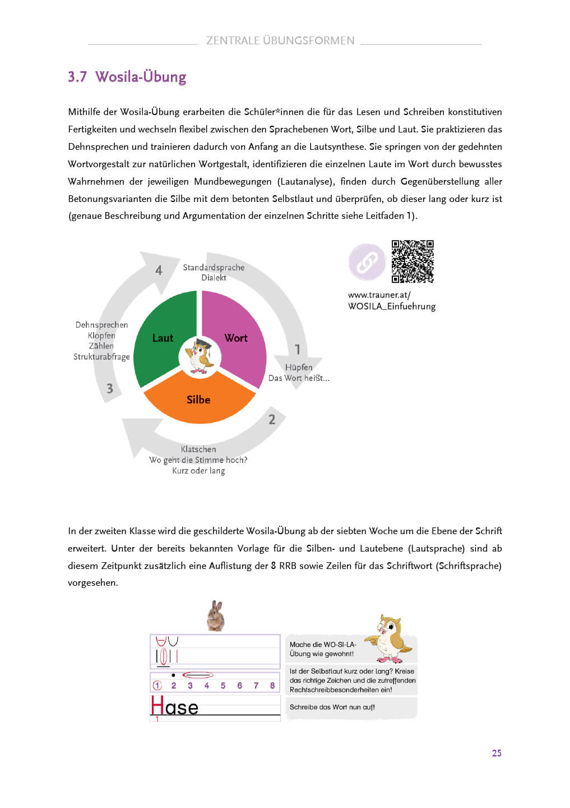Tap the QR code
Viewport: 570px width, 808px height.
(413, 261)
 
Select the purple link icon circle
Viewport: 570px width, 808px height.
(367, 261)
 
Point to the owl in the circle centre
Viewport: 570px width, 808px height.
(200, 356)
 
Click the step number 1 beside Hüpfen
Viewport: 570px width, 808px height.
(298, 350)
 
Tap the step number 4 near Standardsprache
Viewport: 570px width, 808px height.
(159, 270)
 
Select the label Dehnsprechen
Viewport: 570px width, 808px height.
(101, 325)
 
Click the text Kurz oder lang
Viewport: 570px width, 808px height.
(198, 471)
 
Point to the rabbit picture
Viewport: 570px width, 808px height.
(216, 616)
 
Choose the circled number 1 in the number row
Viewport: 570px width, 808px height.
(157, 686)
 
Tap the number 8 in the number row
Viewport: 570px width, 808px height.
(272, 686)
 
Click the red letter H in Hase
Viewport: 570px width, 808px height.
(157, 706)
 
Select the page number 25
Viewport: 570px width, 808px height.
(497, 753)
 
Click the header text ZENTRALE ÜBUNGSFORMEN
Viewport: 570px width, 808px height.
(280, 40)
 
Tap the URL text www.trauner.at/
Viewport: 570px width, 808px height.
(379, 295)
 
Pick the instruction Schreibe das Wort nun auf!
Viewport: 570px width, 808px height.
(332, 707)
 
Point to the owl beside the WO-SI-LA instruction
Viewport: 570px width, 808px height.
(390, 638)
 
